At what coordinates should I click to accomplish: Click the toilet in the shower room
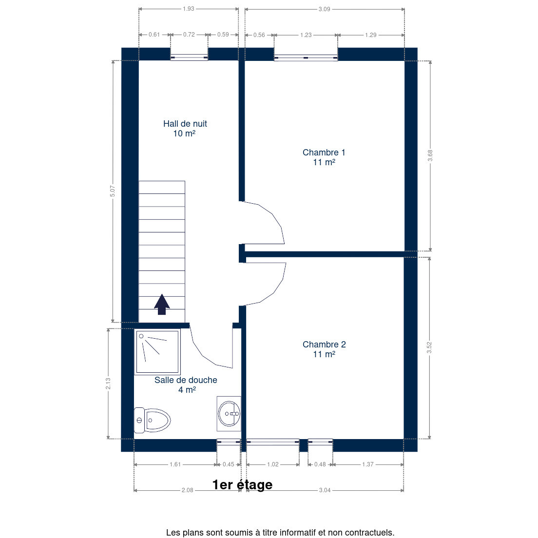point(153,420)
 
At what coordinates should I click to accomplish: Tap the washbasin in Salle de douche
point(229,414)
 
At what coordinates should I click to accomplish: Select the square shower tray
point(157,352)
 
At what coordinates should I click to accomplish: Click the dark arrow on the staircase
point(162,305)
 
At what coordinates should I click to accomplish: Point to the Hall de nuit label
point(185,128)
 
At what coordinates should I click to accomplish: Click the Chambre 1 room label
point(324,157)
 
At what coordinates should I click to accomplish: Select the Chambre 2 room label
point(324,349)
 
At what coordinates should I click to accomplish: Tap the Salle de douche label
point(186,384)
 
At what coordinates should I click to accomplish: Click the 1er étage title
point(242,484)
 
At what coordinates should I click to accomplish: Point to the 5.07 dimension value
point(113,191)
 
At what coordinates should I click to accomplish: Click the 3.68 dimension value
point(430,155)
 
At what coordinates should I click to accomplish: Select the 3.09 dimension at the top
point(324,9)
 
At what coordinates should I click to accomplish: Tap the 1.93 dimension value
point(189,9)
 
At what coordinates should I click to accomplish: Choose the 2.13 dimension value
point(108,384)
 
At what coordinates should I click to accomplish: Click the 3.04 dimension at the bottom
point(325,490)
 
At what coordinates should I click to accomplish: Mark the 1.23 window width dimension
point(306,35)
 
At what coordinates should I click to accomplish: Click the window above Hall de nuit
point(189,58)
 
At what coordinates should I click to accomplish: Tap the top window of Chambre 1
point(306,58)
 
